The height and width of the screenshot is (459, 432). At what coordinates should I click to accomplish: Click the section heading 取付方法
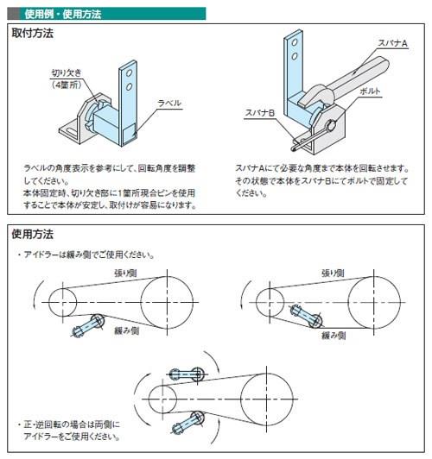(x=32, y=33)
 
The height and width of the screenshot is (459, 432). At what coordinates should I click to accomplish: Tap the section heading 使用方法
(x=32, y=234)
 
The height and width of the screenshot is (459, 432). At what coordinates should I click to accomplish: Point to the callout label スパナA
(x=392, y=43)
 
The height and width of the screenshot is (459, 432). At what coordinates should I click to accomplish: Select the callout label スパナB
(x=259, y=113)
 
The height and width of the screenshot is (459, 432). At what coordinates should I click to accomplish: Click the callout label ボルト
(x=370, y=91)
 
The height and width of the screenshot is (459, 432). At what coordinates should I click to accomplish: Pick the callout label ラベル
(x=169, y=103)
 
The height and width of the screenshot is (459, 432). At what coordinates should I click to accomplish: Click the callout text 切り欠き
(x=67, y=72)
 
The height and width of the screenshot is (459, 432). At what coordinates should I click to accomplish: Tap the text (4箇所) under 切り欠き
(x=67, y=85)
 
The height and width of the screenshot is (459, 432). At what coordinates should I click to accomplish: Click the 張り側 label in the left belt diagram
(x=125, y=274)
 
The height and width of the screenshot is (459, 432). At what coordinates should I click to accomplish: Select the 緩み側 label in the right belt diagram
(x=334, y=335)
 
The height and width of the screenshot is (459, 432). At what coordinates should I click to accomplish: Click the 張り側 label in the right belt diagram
(x=333, y=274)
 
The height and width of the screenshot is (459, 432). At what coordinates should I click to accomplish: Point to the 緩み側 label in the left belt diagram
(x=126, y=330)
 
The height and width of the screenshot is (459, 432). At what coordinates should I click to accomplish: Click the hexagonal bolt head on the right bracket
(x=331, y=126)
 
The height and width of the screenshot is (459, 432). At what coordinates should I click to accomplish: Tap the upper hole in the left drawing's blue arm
(x=130, y=72)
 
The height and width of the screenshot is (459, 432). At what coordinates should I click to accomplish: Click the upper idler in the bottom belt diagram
(x=187, y=374)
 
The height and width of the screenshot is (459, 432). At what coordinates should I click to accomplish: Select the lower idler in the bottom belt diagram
(x=187, y=423)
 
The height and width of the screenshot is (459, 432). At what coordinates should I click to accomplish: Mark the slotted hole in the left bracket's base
(x=70, y=131)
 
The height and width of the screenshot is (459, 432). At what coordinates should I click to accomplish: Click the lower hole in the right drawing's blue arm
(x=295, y=56)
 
